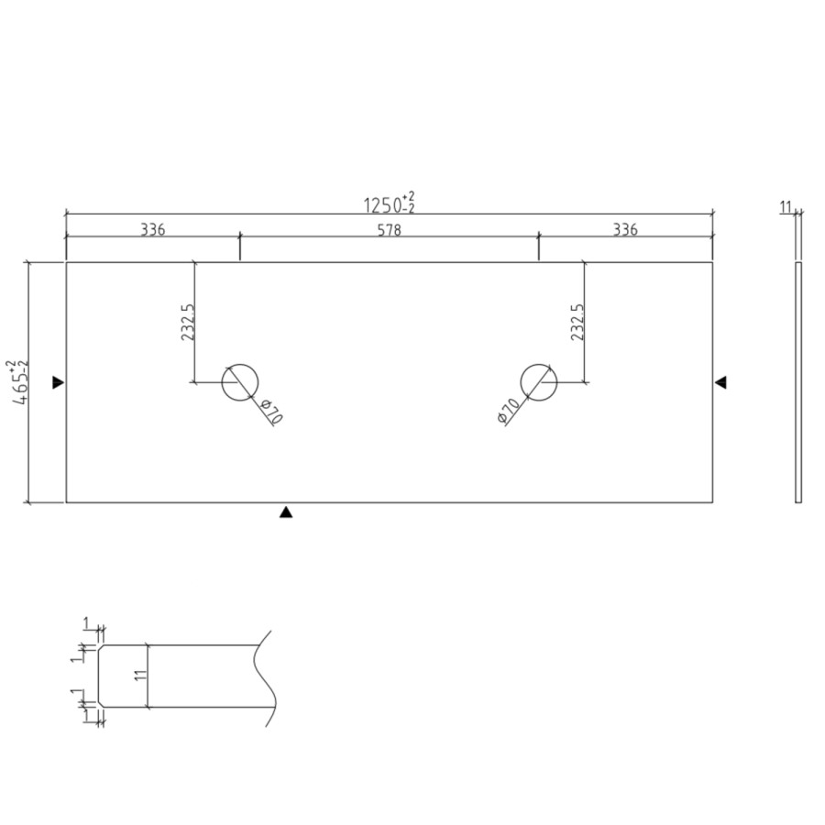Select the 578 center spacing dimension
[x=389, y=229]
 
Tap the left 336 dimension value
[x=152, y=229]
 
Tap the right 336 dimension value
[x=624, y=229]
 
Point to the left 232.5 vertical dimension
[x=187, y=323]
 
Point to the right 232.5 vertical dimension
[x=577, y=323]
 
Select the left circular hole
[x=240, y=381]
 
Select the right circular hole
[x=538, y=381]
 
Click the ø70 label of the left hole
[x=272, y=412]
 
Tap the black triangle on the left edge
[x=58, y=382]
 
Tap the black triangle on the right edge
[x=720, y=382]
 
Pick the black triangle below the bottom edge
[x=286, y=513]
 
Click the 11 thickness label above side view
[x=786, y=208]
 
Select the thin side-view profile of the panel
[x=797, y=381]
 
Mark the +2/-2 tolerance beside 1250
[x=408, y=202]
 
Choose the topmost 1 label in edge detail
[x=86, y=624]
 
